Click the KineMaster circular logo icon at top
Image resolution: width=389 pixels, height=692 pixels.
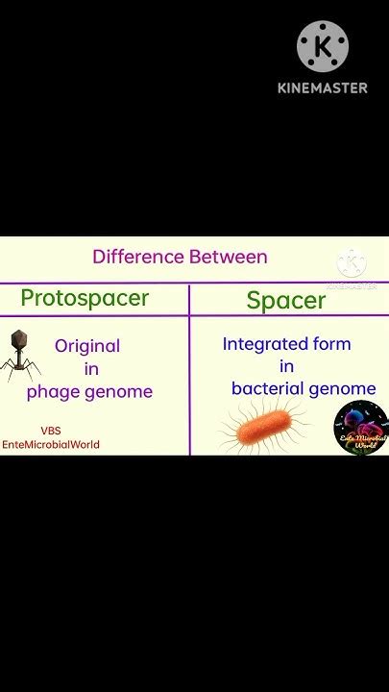(x=322, y=46)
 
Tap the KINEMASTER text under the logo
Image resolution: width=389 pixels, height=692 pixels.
(x=322, y=87)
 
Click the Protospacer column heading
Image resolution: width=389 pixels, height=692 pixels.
(x=85, y=298)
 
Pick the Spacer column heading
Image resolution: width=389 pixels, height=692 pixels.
(x=286, y=300)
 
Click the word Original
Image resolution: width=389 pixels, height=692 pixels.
(x=87, y=346)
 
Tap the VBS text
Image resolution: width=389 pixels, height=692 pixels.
(x=50, y=432)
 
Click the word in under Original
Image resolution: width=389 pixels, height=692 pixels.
(x=91, y=369)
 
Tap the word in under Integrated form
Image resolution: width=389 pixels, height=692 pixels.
(x=286, y=366)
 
